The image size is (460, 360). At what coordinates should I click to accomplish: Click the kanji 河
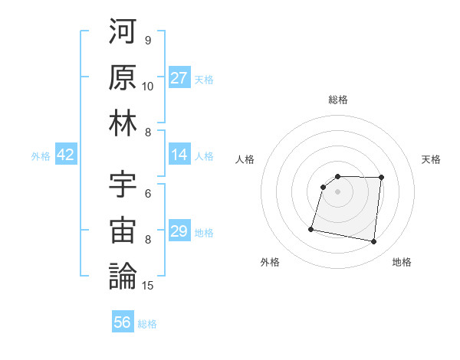pyautogui.click(x=123, y=31)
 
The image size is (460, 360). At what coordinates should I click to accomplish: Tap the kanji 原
pyautogui.click(x=123, y=77)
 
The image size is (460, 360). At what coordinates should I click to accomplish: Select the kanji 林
pyautogui.click(x=123, y=123)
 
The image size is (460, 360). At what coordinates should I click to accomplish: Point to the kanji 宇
pyautogui.click(x=123, y=184)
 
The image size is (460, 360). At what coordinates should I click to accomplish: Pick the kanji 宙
pyautogui.click(x=123, y=230)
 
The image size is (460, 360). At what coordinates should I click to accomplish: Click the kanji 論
pyautogui.click(x=123, y=276)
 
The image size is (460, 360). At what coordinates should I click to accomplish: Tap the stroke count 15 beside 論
pyautogui.click(x=149, y=286)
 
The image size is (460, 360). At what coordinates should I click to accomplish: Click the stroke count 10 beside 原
pyautogui.click(x=148, y=87)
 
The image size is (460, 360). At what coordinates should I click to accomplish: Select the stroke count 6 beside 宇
pyautogui.click(x=148, y=193)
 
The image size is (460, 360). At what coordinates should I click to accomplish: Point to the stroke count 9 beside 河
pyautogui.click(x=148, y=41)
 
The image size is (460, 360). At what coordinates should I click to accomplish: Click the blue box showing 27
pyautogui.click(x=179, y=78)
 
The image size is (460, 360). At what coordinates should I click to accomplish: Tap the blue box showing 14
pyautogui.click(x=179, y=155)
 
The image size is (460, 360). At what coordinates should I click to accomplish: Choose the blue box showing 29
pyautogui.click(x=179, y=231)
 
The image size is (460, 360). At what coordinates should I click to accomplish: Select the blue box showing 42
pyautogui.click(x=66, y=155)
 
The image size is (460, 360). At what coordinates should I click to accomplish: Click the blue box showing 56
pyautogui.click(x=123, y=322)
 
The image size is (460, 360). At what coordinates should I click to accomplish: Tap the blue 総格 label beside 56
pyautogui.click(x=147, y=323)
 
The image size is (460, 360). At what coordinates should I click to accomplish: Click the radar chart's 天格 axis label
pyautogui.click(x=432, y=159)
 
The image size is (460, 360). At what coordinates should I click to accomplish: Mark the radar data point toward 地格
pyautogui.click(x=374, y=242)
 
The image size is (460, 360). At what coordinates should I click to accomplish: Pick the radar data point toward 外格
pyautogui.click(x=311, y=228)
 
